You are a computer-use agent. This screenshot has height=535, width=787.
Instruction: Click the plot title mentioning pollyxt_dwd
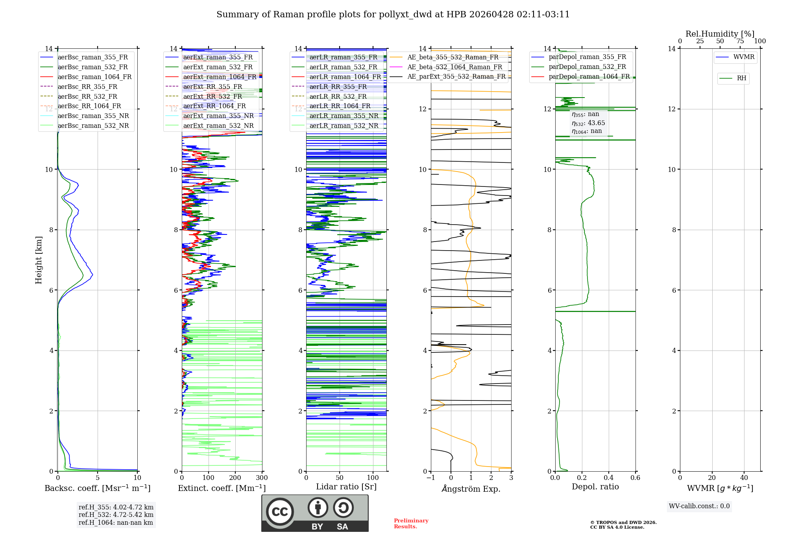tap(393, 15)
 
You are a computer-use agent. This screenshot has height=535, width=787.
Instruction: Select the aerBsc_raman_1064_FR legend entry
tap(94, 77)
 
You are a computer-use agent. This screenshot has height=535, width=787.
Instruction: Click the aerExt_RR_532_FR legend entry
tap(212, 96)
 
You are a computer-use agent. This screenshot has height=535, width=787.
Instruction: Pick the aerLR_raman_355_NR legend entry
tap(344, 116)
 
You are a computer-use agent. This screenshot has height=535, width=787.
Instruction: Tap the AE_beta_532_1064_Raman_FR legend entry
tap(454, 67)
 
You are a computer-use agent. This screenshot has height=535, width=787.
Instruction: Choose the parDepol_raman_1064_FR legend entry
tap(589, 76)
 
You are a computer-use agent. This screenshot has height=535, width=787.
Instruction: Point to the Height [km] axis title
tap(39, 260)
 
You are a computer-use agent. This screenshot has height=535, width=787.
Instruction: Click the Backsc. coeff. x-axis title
tap(97, 488)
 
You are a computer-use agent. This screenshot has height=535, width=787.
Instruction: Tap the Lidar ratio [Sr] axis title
tap(346, 487)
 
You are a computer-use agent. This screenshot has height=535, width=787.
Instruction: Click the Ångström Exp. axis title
tap(471, 489)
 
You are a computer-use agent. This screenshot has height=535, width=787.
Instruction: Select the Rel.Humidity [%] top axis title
tap(720, 34)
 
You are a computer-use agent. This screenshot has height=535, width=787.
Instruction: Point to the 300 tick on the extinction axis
tap(262, 478)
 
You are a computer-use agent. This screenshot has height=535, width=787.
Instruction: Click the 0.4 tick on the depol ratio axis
tap(608, 478)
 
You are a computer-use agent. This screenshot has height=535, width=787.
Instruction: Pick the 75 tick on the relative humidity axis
tap(740, 41)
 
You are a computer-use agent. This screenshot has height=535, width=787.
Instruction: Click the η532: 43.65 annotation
tap(588, 123)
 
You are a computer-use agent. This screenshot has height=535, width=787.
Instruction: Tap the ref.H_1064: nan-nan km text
tap(116, 522)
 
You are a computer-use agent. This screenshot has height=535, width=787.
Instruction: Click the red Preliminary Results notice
tap(411, 523)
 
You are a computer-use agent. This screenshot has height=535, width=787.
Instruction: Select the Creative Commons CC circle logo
tap(280, 511)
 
